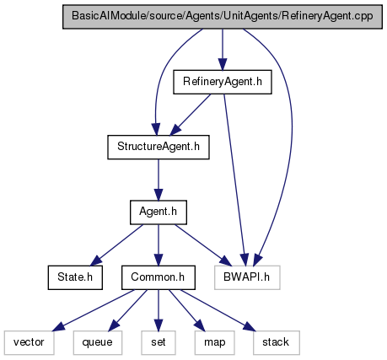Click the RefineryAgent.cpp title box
click(223, 17)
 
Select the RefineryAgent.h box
click(223, 82)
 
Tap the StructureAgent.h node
click(159, 147)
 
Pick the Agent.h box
click(159, 212)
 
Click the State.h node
click(75, 277)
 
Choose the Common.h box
click(159, 277)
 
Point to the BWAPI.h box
click(247, 277)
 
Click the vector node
click(29, 342)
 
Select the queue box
click(98, 342)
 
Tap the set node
click(159, 342)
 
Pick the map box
click(214, 342)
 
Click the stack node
click(276, 342)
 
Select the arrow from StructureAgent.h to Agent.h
click(159, 180)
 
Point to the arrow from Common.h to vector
click(94, 309)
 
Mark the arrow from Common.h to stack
click(218, 310)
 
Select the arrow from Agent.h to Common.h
click(159, 244)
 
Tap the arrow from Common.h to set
click(159, 310)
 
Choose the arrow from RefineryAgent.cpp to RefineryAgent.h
click(223, 50)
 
